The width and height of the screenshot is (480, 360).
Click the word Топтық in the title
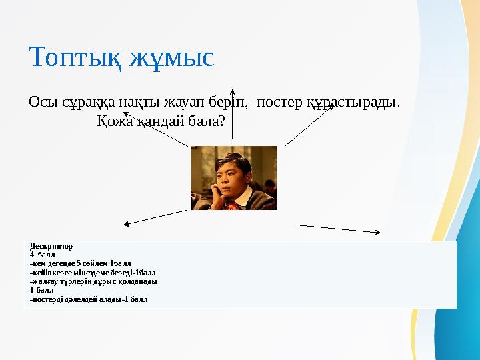pos(72,58)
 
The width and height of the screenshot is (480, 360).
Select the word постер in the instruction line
pos(280,103)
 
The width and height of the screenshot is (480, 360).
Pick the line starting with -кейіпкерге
pos(93,273)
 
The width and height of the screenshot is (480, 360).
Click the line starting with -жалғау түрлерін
pos(93,281)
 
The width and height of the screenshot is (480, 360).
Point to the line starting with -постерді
pos(89,299)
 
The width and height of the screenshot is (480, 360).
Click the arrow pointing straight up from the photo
pos(232,113)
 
